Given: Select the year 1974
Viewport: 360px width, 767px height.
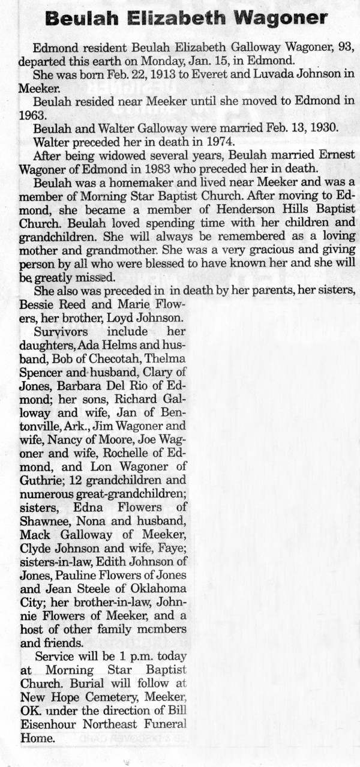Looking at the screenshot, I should point(213,142).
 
